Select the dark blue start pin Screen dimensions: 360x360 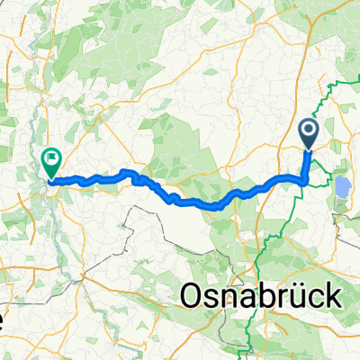pos(310,135)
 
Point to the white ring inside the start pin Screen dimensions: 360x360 pos(310,131)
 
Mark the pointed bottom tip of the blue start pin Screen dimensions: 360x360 pos(310,150)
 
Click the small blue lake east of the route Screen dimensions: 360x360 pos(343,189)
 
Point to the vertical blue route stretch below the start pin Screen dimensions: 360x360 pos(307,166)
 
